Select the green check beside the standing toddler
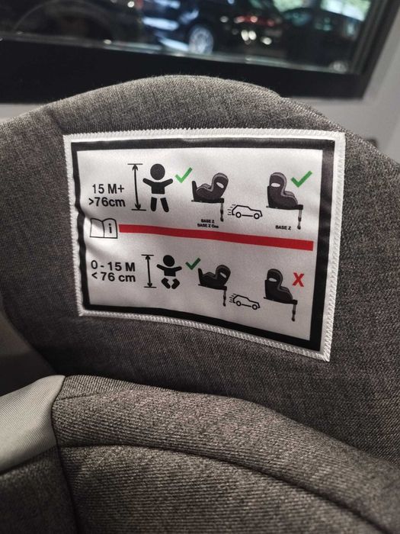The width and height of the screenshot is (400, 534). [x=183, y=175]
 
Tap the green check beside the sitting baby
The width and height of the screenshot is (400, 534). [x=192, y=263]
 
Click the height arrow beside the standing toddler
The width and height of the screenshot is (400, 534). [x=137, y=185]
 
